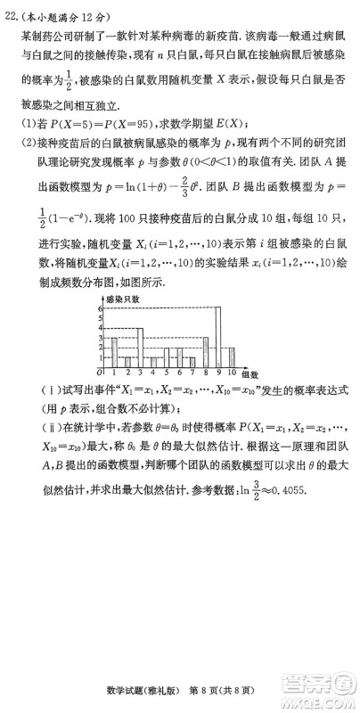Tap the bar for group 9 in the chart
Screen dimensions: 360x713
217,337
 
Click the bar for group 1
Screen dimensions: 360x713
114,351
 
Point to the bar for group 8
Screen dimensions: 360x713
206,351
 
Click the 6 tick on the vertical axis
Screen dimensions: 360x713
102,307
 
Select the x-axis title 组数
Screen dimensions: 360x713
250,375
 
